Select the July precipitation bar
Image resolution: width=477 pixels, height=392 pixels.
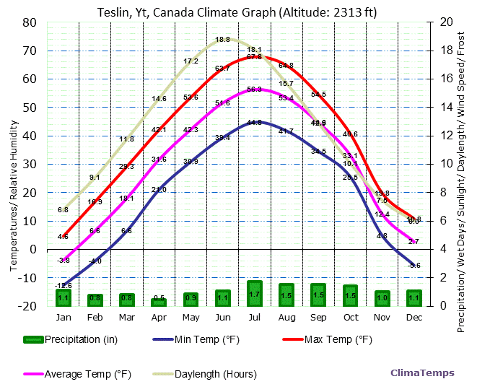(x=254, y=293)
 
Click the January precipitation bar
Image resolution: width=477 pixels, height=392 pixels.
(x=64, y=297)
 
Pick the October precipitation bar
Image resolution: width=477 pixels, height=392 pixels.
(x=350, y=295)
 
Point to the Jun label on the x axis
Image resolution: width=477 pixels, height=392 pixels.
(x=222, y=318)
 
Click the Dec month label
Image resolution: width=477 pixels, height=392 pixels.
(x=413, y=318)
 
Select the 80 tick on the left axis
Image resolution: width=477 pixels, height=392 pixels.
(x=30, y=22)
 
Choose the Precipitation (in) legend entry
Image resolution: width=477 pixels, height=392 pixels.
(x=64, y=340)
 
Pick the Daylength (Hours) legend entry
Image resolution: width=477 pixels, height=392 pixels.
(x=204, y=374)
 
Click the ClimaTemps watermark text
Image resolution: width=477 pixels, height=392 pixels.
(x=422, y=373)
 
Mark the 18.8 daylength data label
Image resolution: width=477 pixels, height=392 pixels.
(x=222, y=40)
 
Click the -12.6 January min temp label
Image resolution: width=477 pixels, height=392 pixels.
(x=63, y=286)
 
